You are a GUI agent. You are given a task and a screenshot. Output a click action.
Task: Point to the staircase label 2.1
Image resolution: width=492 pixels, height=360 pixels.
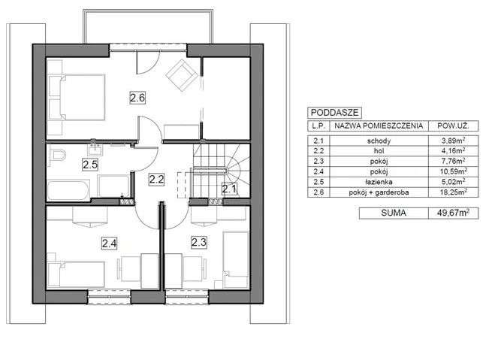pyautogui.click(x=229, y=189)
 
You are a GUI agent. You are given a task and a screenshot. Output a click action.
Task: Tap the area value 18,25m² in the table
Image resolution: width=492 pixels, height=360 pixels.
pyautogui.click(x=451, y=192)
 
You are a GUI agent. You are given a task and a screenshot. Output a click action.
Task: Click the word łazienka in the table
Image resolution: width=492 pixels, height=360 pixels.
pyautogui.click(x=379, y=182)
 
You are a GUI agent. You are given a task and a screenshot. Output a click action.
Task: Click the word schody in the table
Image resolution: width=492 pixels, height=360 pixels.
pyautogui.click(x=379, y=140)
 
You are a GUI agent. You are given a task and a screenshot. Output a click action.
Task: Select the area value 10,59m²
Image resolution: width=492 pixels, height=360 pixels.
pyautogui.click(x=451, y=171)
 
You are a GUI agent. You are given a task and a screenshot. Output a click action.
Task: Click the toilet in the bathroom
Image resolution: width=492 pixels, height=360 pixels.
pyautogui.click(x=57, y=156)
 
